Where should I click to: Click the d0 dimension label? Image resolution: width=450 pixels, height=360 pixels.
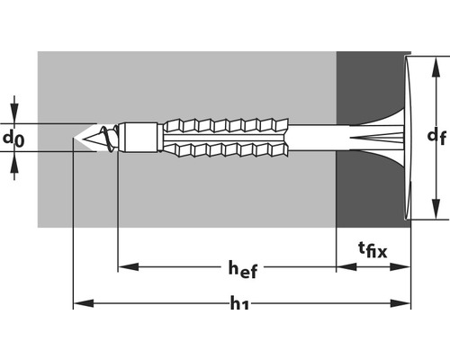pyautogui.click(x=13, y=139)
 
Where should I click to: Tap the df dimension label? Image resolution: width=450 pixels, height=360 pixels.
pyautogui.click(x=436, y=137)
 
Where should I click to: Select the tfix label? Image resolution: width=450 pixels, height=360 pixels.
pyautogui.click(x=373, y=250)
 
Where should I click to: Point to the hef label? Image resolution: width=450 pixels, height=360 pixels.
pyautogui.click(x=243, y=269)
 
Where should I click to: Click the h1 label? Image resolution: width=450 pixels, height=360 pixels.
pyautogui.click(x=239, y=303)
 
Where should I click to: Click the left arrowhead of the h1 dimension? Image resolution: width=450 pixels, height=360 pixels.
pyautogui.click(x=84, y=303)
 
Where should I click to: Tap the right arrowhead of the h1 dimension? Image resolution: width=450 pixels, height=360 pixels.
pyautogui.click(x=400, y=303)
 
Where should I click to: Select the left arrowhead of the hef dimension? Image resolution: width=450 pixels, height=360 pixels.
pyautogui.click(x=129, y=266)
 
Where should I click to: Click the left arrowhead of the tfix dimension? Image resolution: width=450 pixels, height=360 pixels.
pyautogui.click(x=346, y=266)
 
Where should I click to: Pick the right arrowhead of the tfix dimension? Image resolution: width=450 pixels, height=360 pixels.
pyautogui.click(x=400, y=266)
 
